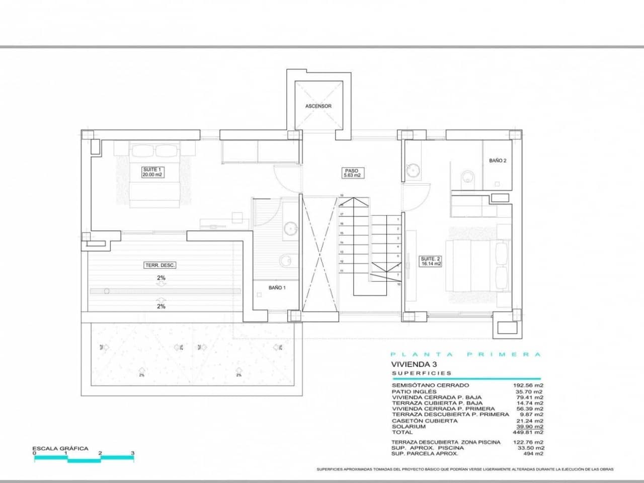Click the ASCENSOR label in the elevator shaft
point(318,106)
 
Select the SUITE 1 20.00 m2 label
point(152,173)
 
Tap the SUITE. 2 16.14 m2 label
point(431,261)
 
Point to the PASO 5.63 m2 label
point(352,173)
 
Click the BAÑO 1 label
point(277,288)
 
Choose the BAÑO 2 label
point(498,160)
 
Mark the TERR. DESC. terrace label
point(160,265)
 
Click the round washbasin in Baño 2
point(414,170)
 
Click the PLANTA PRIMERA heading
point(466,354)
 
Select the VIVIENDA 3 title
point(412,364)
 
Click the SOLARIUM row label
point(408,427)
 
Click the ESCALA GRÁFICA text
point(60,448)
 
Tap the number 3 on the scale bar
point(133,453)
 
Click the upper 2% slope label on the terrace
point(161,278)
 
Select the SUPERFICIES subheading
point(422,373)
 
